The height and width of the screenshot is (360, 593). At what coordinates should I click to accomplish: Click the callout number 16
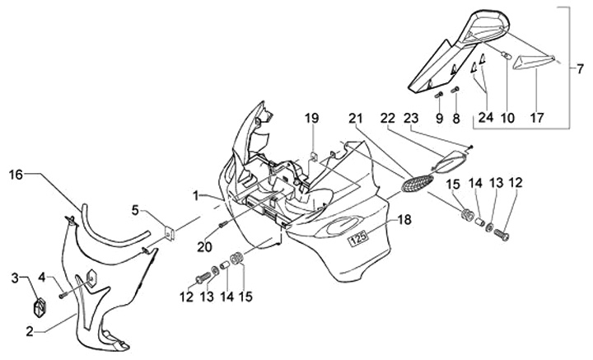[x=16, y=174]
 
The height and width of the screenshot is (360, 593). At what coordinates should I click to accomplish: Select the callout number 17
[x=537, y=118]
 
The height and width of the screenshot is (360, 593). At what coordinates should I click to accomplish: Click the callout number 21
[x=355, y=118]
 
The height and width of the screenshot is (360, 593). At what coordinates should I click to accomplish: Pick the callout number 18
[x=404, y=221]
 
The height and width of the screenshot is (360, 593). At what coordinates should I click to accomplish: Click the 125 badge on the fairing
[x=357, y=241]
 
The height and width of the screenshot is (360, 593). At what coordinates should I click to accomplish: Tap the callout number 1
[x=196, y=195]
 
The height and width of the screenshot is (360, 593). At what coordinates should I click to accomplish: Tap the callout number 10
[x=507, y=118]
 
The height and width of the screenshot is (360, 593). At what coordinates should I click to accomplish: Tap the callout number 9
[x=439, y=118]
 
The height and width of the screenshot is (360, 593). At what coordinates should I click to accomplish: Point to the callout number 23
[x=412, y=118]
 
